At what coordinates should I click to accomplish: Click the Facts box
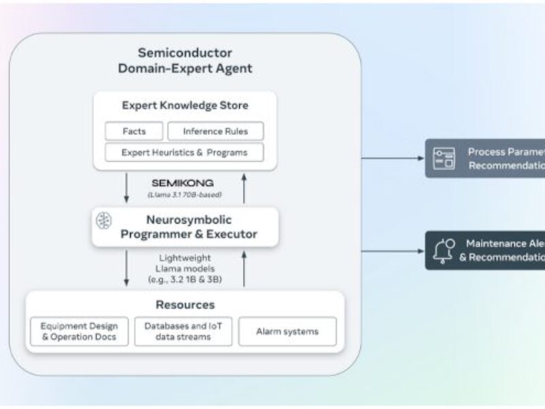point(134,131)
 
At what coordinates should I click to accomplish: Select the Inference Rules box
point(215,131)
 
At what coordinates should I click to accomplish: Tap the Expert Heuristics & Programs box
point(185,152)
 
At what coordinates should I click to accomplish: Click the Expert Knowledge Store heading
point(185,106)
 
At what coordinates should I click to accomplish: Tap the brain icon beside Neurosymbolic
point(104,220)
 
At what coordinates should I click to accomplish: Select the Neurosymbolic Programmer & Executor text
point(189,227)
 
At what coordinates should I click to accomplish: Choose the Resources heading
point(184,305)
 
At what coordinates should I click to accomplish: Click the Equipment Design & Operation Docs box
point(80,331)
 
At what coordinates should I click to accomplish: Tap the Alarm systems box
point(287,331)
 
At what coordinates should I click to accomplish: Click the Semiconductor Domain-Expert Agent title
point(185,60)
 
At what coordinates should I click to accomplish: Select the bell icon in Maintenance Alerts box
point(442,250)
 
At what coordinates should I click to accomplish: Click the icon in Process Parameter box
point(443,158)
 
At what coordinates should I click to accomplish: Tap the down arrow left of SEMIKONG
point(126,188)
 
